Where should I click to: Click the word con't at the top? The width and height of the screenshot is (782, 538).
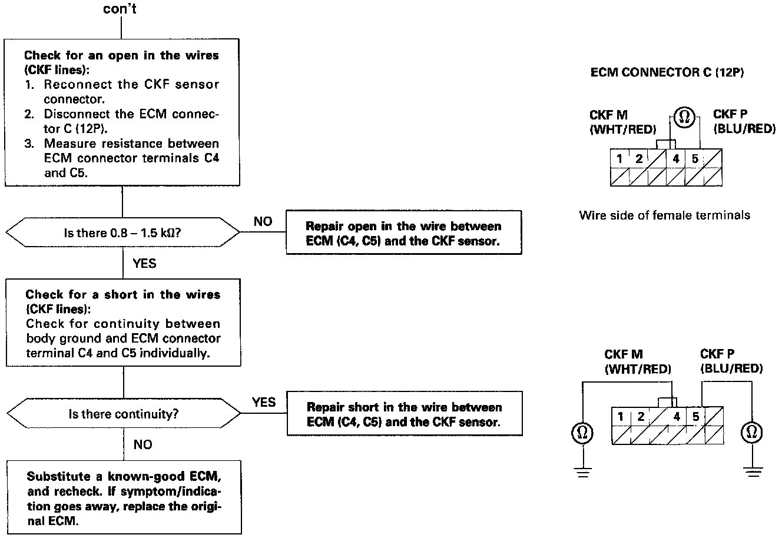click(120, 9)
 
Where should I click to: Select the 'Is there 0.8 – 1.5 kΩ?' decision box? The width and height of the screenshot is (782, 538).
click(123, 233)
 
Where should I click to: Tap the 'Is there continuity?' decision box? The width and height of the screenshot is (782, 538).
click(124, 413)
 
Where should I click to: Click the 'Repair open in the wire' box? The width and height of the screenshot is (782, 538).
click(404, 233)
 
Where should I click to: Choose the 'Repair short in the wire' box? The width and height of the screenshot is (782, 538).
click(405, 413)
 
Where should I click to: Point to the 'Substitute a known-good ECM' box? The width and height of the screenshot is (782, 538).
click(124, 497)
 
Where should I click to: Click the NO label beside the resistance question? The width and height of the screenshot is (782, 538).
click(263, 221)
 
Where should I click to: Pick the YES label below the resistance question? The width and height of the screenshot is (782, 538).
click(144, 264)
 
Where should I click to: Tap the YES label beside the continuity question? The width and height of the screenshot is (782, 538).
click(264, 402)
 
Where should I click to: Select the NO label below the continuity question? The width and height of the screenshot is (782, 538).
click(143, 444)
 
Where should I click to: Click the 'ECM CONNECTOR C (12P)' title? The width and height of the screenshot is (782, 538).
click(667, 72)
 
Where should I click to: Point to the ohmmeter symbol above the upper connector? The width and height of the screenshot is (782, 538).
click(684, 117)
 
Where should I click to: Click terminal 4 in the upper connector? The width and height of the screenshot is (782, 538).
click(676, 159)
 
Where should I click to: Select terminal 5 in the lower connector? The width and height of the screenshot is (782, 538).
click(695, 416)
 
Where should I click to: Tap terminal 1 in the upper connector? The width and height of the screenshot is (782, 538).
click(619, 159)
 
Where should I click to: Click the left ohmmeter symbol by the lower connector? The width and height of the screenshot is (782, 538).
click(582, 433)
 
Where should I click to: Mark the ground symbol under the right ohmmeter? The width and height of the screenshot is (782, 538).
click(753, 471)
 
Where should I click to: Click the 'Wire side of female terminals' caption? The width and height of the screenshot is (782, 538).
click(665, 215)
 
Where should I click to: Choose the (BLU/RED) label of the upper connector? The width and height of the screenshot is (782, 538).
click(744, 129)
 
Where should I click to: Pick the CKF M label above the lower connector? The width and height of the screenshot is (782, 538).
click(624, 354)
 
